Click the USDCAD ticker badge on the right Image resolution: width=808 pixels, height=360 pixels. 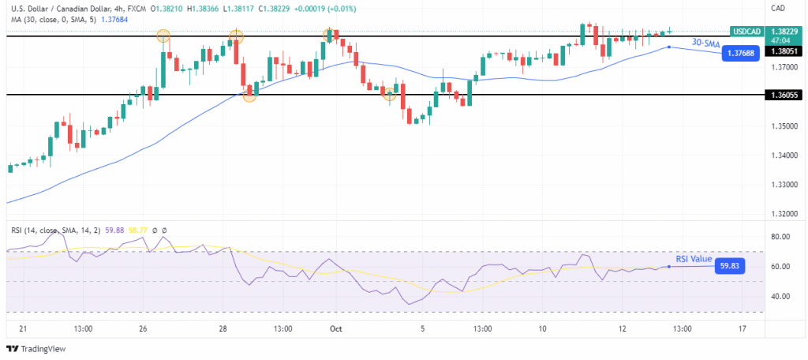click(746, 32)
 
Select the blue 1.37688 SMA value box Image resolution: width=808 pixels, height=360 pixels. click(741, 54)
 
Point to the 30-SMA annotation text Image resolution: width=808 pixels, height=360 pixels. click(705, 42)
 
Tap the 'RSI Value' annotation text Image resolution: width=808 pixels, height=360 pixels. click(694, 259)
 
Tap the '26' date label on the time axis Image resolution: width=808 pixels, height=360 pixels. click(143, 328)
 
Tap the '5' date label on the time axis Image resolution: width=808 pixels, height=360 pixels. click(423, 328)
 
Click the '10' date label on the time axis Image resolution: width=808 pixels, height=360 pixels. click(543, 328)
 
